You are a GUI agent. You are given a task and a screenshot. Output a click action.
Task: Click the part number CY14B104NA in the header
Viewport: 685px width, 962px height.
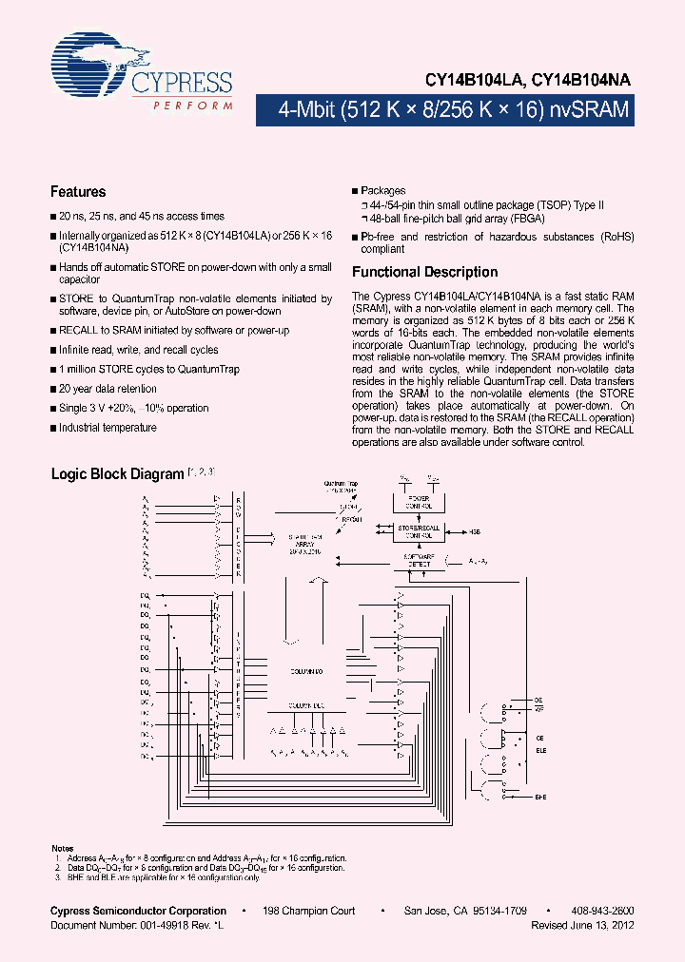(x=580, y=82)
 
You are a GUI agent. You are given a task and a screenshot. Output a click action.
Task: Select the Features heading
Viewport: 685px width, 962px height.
(x=78, y=192)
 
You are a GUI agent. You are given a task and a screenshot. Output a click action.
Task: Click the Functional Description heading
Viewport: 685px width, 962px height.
(x=424, y=272)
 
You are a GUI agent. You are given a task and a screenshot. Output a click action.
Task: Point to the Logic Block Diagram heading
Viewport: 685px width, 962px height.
(x=116, y=473)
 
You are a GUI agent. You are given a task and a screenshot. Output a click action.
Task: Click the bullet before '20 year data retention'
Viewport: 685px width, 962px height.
(x=53, y=389)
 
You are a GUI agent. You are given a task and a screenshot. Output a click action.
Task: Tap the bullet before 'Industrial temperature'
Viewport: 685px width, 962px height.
(x=53, y=428)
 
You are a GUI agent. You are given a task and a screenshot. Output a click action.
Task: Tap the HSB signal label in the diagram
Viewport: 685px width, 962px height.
(x=475, y=533)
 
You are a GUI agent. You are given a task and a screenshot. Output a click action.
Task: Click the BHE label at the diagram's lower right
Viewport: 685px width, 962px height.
(x=540, y=798)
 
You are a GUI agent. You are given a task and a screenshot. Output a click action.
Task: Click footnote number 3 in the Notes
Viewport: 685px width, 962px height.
(x=58, y=875)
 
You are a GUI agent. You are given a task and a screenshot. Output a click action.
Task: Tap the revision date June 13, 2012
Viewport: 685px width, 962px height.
(x=598, y=924)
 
